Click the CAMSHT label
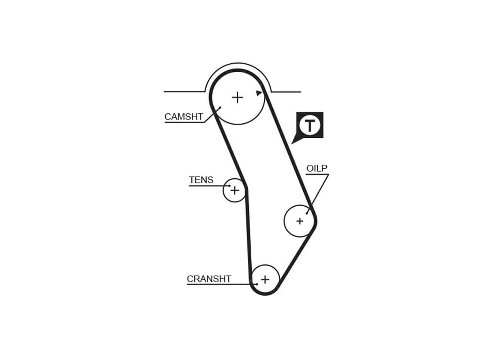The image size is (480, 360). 184,117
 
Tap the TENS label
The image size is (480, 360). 201,180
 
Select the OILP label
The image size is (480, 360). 317,168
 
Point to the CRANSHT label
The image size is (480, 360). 209,279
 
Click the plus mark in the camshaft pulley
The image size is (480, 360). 238,97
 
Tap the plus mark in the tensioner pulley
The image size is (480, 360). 234,190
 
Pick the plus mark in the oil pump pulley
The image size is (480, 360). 300,221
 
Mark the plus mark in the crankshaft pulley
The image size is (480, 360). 265,280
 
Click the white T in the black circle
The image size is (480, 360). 310,125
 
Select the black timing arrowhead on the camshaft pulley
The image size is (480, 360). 259,93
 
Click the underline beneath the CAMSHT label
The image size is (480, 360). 184,123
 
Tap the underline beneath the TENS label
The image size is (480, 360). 206,186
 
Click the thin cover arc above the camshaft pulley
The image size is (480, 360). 238,64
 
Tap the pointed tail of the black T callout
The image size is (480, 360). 294,140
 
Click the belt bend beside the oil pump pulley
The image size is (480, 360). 315,221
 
